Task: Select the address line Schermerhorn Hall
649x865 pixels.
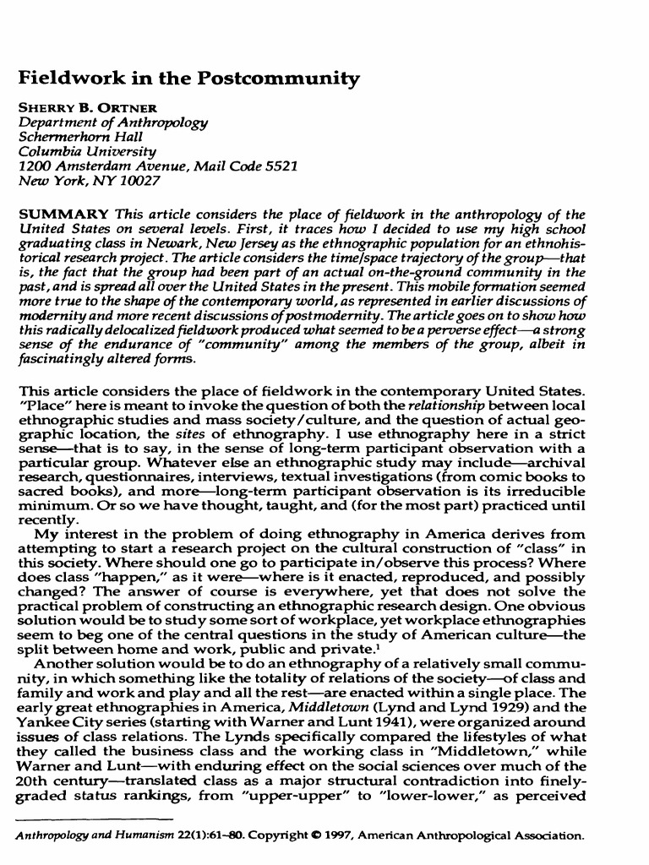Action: click(81, 136)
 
